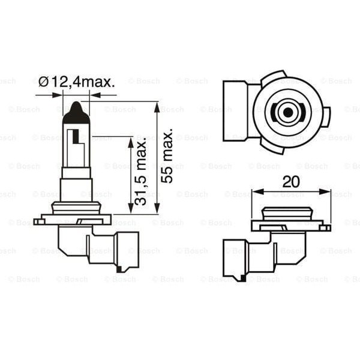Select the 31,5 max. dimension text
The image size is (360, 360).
[x=141, y=172]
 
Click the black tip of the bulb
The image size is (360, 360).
[x=77, y=110]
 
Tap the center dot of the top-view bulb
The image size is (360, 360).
[x=287, y=112]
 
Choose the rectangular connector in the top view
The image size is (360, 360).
[x=236, y=112]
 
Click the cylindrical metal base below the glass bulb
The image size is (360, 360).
[x=77, y=189]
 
